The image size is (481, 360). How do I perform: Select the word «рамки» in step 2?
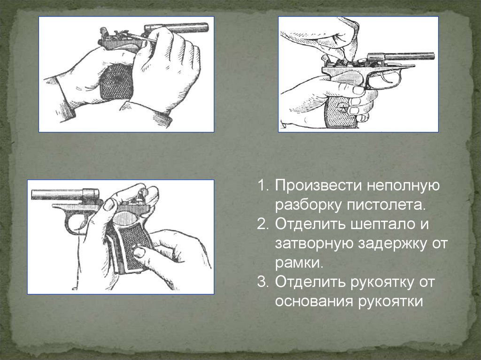tap(299, 263)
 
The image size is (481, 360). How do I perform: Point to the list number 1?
tap(263, 186)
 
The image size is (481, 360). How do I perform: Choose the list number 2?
tap(263, 224)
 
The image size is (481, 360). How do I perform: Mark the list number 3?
tap(263, 282)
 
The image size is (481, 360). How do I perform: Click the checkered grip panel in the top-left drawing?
tap(116, 83)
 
